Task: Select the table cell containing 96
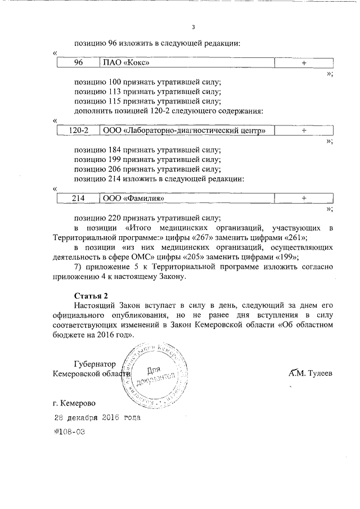tap(78, 64)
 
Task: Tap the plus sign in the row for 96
tap(303, 64)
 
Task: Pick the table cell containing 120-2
tap(78, 130)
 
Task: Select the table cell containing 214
tap(78, 198)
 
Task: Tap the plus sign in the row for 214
tap(303, 198)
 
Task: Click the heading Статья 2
tap(91, 296)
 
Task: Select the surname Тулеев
tap(320, 374)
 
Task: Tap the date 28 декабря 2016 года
tap(94, 418)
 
